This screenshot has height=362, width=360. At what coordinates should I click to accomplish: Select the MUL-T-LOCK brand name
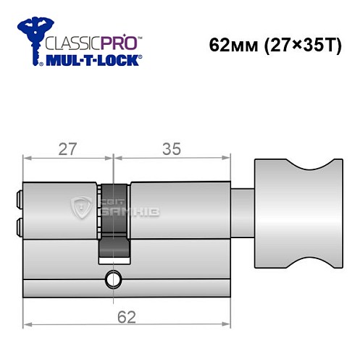click(93, 60)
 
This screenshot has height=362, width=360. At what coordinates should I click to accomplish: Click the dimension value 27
click(68, 149)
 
